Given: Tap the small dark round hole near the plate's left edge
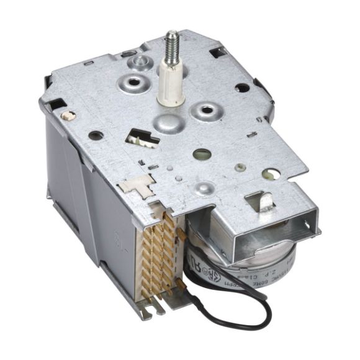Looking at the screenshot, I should point(94,134).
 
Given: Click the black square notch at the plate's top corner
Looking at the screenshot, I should point(218,53).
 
